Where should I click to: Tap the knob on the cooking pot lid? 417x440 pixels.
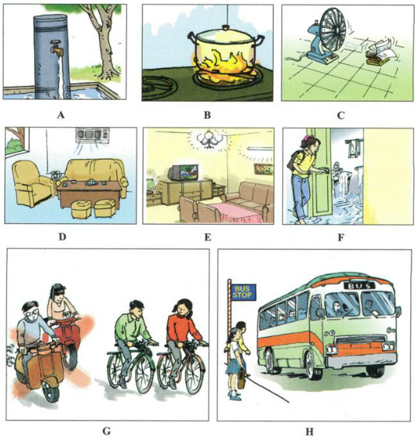224,28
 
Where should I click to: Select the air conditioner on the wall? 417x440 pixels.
92,136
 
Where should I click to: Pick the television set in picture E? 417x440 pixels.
182,173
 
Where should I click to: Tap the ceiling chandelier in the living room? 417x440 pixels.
208,139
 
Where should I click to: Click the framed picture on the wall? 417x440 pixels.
264,169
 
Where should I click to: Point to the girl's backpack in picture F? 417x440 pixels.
293,159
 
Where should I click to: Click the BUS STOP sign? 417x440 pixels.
243,292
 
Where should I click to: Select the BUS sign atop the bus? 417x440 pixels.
359,286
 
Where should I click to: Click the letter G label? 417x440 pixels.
107,431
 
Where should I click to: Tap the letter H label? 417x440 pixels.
309,431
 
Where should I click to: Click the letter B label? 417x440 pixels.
207,115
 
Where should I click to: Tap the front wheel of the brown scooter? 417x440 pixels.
50,390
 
